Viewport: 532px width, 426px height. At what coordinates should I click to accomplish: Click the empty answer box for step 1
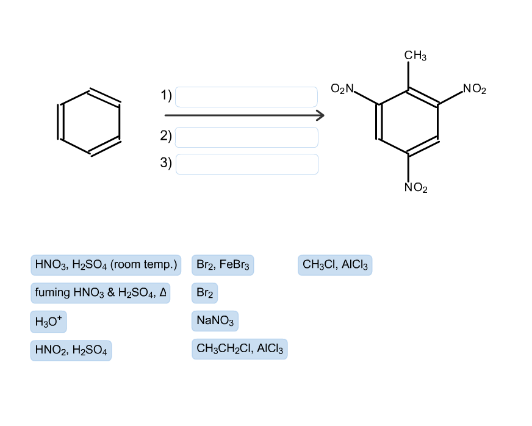(x=246, y=97)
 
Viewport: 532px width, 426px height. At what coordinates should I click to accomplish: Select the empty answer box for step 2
(x=246, y=137)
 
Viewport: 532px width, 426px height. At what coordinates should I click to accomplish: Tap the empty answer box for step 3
(x=246, y=164)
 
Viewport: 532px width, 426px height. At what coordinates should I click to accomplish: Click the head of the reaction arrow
(x=320, y=115)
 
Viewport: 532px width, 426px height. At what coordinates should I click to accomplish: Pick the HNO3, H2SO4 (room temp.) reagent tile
(x=106, y=265)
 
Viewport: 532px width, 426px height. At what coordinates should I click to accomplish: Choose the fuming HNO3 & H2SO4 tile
(x=100, y=293)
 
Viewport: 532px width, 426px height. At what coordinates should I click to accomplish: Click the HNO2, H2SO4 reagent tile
(x=71, y=350)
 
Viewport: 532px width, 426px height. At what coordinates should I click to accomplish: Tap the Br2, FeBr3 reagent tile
(x=223, y=265)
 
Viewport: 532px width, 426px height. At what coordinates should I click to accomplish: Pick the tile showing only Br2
(x=205, y=293)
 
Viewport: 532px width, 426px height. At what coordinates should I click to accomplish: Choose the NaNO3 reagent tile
(x=215, y=320)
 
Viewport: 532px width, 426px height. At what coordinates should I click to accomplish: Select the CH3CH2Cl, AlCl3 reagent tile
(x=239, y=349)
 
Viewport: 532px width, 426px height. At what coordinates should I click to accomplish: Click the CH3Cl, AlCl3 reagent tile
(x=335, y=265)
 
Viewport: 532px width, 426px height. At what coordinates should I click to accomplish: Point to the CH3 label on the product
(x=415, y=56)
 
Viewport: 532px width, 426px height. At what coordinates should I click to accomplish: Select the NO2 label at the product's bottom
(x=416, y=188)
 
